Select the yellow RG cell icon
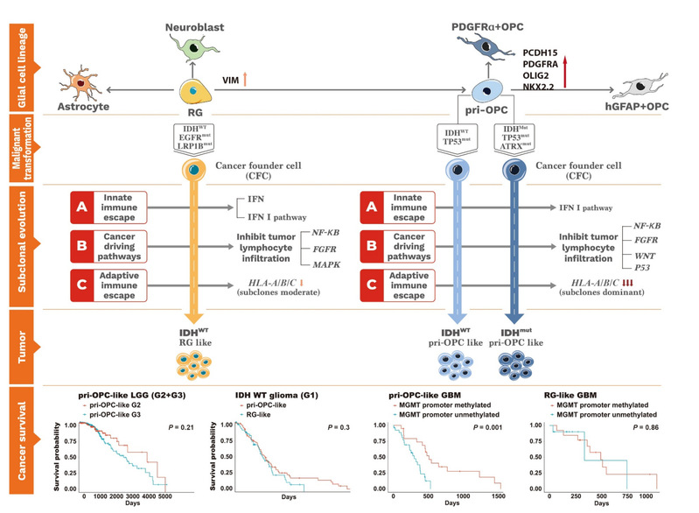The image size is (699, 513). tap(194, 90)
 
